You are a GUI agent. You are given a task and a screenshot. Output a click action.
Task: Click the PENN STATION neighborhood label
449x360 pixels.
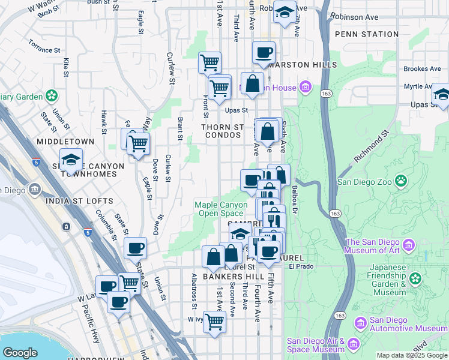click(x=366, y=34)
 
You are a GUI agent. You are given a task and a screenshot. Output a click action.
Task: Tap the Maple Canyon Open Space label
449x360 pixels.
click(x=221, y=209)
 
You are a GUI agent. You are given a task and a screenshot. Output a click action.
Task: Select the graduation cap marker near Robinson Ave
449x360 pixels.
click(x=285, y=12)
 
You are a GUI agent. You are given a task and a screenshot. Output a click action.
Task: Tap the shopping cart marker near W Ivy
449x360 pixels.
click(x=214, y=321)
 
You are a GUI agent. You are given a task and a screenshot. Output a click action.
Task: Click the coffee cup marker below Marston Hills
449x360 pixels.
click(x=263, y=52)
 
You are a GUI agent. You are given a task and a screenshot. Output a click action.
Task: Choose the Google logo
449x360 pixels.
click(x=20, y=353)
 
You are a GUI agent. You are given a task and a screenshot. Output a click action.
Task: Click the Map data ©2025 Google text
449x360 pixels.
click(x=411, y=355)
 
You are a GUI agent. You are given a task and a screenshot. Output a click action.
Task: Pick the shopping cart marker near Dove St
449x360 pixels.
click(x=138, y=144)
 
